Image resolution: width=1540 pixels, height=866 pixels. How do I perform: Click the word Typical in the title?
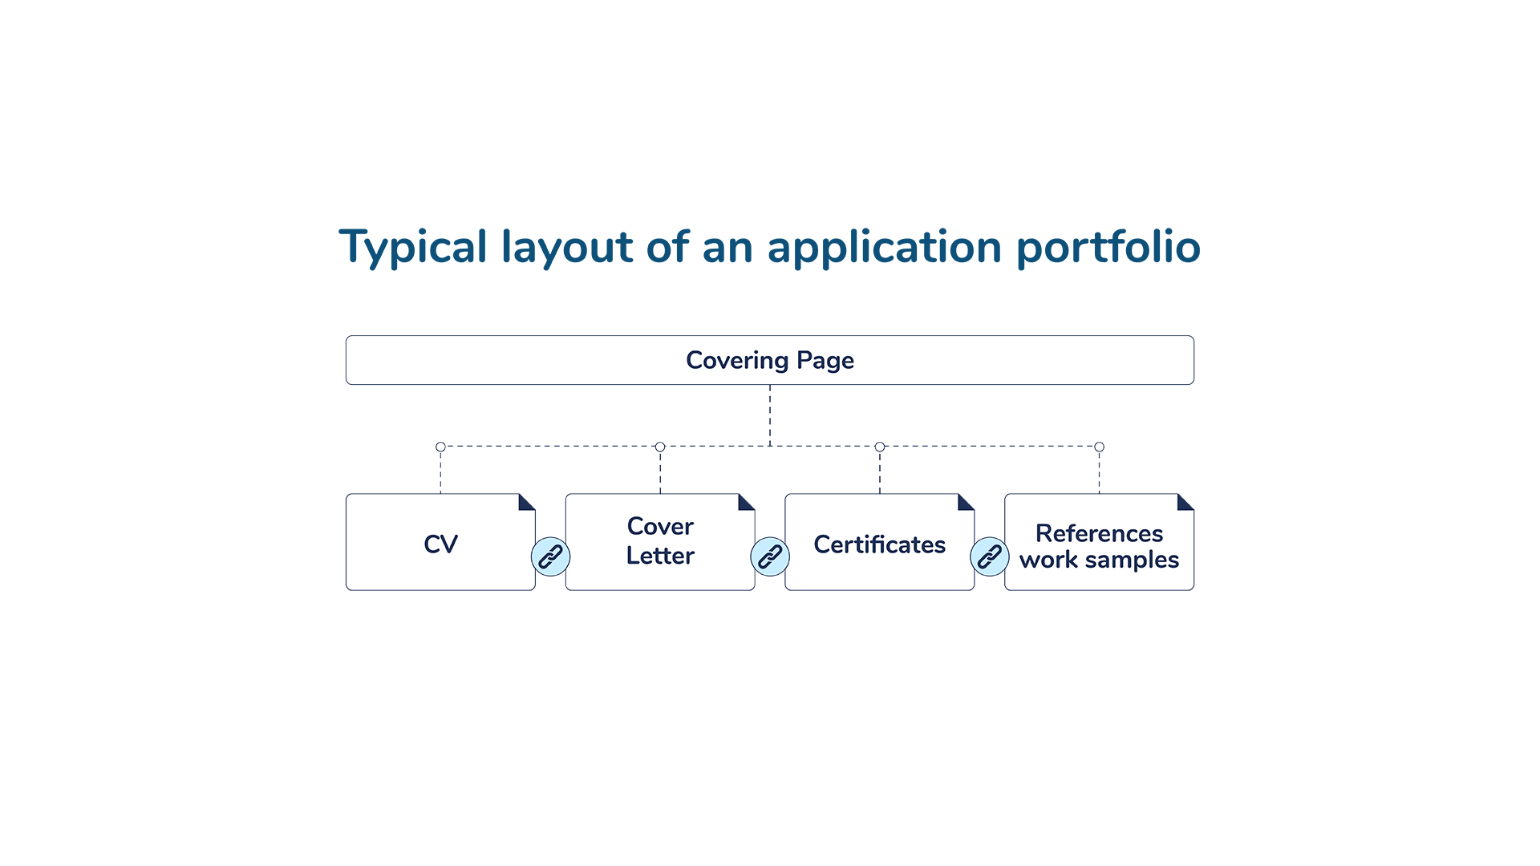413,247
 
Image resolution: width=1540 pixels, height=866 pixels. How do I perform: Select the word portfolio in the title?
1108,247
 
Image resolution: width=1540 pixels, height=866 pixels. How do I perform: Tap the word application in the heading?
885,247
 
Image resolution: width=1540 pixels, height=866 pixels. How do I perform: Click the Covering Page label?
770,361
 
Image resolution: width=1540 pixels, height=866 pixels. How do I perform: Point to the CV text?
440,544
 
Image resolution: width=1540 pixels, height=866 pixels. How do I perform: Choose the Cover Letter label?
660,541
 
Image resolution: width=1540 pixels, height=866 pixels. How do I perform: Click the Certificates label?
880,544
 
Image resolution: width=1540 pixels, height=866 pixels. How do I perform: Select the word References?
1100,533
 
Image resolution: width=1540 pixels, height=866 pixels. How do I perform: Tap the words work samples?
1100,560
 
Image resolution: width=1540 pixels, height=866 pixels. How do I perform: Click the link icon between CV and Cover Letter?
550,556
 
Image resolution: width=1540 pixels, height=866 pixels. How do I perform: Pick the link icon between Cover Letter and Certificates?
770,556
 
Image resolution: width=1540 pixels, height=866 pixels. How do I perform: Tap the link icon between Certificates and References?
990,556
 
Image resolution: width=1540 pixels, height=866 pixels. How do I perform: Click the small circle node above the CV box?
440,447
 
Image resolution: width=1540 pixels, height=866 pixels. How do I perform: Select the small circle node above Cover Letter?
660,447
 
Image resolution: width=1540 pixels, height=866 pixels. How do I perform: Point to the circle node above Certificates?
880,447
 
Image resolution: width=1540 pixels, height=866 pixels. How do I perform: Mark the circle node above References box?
1100,447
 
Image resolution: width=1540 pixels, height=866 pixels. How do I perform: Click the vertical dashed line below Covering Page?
770,415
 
